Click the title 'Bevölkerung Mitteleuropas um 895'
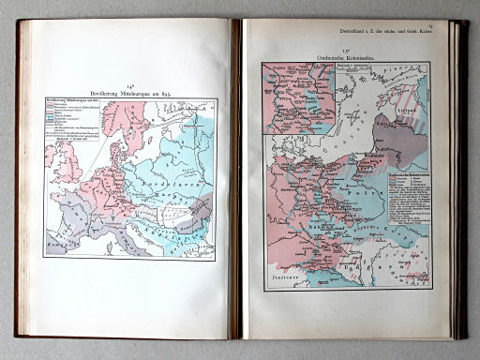tap(130, 94)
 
